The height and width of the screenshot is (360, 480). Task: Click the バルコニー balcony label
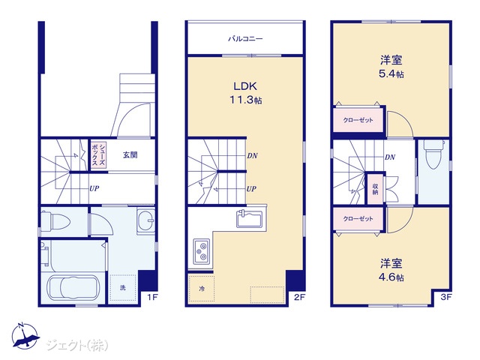pyautogui.click(x=245, y=39)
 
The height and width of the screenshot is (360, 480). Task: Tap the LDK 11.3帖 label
pyautogui.click(x=245, y=93)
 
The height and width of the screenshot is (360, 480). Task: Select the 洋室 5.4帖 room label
pyautogui.click(x=391, y=67)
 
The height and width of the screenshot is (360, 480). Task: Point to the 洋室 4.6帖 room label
pyautogui.click(x=391, y=270)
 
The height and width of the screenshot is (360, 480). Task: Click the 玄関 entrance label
pyautogui.click(x=130, y=155)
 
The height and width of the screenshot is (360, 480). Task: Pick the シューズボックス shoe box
pyautogui.click(x=98, y=154)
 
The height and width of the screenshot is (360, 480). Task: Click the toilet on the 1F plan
pyautogui.click(x=55, y=220)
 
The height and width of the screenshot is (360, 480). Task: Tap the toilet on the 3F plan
pyautogui.click(x=433, y=154)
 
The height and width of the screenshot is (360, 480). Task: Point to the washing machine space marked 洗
pyautogui.click(x=123, y=287)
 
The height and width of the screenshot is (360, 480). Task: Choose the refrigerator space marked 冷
pyautogui.click(x=202, y=289)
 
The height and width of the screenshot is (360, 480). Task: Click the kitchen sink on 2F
pyautogui.click(x=250, y=219)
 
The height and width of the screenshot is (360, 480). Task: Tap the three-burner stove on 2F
pyautogui.click(x=201, y=250)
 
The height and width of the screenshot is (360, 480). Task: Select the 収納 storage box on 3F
pyautogui.click(x=375, y=189)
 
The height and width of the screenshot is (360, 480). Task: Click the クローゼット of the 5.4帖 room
pyautogui.click(x=358, y=120)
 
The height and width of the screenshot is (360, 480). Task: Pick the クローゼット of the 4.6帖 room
pyautogui.click(x=358, y=218)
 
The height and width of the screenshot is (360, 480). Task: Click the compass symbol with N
pyautogui.click(x=25, y=336)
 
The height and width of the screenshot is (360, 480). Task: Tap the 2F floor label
pyautogui.click(x=299, y=297)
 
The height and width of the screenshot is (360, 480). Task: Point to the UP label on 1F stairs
pyautogui.click(x=94, y=188)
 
